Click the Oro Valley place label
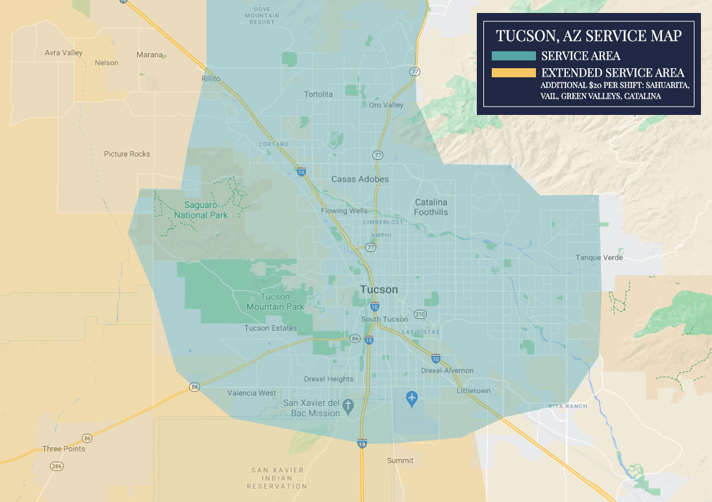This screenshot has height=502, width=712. click(x=386, y=105)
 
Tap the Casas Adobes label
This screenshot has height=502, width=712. click(x=360, y=179)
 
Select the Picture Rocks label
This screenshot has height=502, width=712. click(x=127, y=155)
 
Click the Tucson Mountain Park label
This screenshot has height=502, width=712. click(x=275, y=302)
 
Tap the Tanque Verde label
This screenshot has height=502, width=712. click(x=599, y=258)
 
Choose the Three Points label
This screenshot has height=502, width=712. click(x=64, y=449)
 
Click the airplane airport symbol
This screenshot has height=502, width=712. click(x=411, y=397)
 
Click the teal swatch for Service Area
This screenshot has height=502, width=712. click(x=514, y=56)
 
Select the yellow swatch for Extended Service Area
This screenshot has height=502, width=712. click(x=514, y=73)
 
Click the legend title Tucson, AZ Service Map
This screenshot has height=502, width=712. click(x=589, y=36)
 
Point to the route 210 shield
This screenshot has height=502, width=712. click(x=420, y=315)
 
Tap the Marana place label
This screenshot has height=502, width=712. click(x=149, y=55)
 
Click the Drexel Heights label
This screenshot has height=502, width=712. click(x=329, y=379)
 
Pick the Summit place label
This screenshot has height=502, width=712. click(x=400, y=461)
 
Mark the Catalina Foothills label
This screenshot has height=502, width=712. click(x=431, y=207)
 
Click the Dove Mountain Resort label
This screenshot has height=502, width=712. click(x=262, y=15)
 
